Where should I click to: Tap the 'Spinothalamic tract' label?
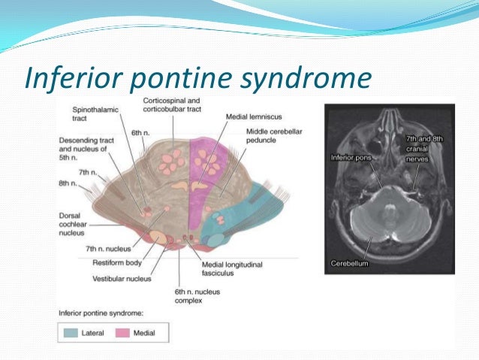pos(92,113)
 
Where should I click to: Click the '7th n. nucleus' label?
pos(107,248)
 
